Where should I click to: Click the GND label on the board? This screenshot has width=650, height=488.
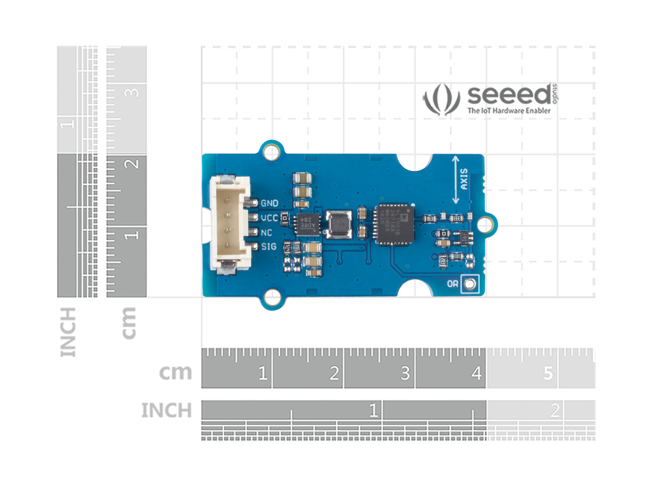pyautogui.click(x=269, y=203)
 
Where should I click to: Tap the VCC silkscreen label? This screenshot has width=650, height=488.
pyautogui.click(x=269, y=218)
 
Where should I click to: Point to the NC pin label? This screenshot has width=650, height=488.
pyautogui.click(x=266, y=232)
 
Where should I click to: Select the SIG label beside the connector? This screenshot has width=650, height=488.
pyautogui.click(x=269, y=246)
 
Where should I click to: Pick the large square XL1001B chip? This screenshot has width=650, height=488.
pyautogui.click(x=394, y=224)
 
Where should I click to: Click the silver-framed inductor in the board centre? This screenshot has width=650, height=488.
pyautogui.click(x=339, y=224)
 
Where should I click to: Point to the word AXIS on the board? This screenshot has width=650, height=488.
pyautogui.click(x=464, y=179)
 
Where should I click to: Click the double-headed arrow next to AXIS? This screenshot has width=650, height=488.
pyautogui.click(x=455, y=180)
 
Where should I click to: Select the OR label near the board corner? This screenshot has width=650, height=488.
pyautogui.click(x=453, y=284)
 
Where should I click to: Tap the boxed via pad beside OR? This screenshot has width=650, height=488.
pyautogui.click(x=470, y=284)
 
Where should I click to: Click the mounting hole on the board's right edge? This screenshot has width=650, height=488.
pyautogui.click(x=485, y=224)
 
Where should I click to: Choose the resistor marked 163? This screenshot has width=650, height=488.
pyautogui.click(x=430, y=218)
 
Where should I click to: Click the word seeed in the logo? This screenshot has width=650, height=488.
pyautogui.click(x=509, y=95)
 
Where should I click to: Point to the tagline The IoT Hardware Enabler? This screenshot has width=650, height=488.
pyautogui.click(x=509, y=111)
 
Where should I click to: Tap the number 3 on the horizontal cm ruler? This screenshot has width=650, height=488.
pyautogui.click(x=405, y=373)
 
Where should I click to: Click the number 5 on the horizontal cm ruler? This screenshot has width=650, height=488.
pyautogui.click(x=548, y=373)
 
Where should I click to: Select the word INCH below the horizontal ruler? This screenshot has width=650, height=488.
pyautogui.click(x=166, y=410)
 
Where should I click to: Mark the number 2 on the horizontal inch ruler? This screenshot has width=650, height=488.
pyautogui.click(x=554, y=410)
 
